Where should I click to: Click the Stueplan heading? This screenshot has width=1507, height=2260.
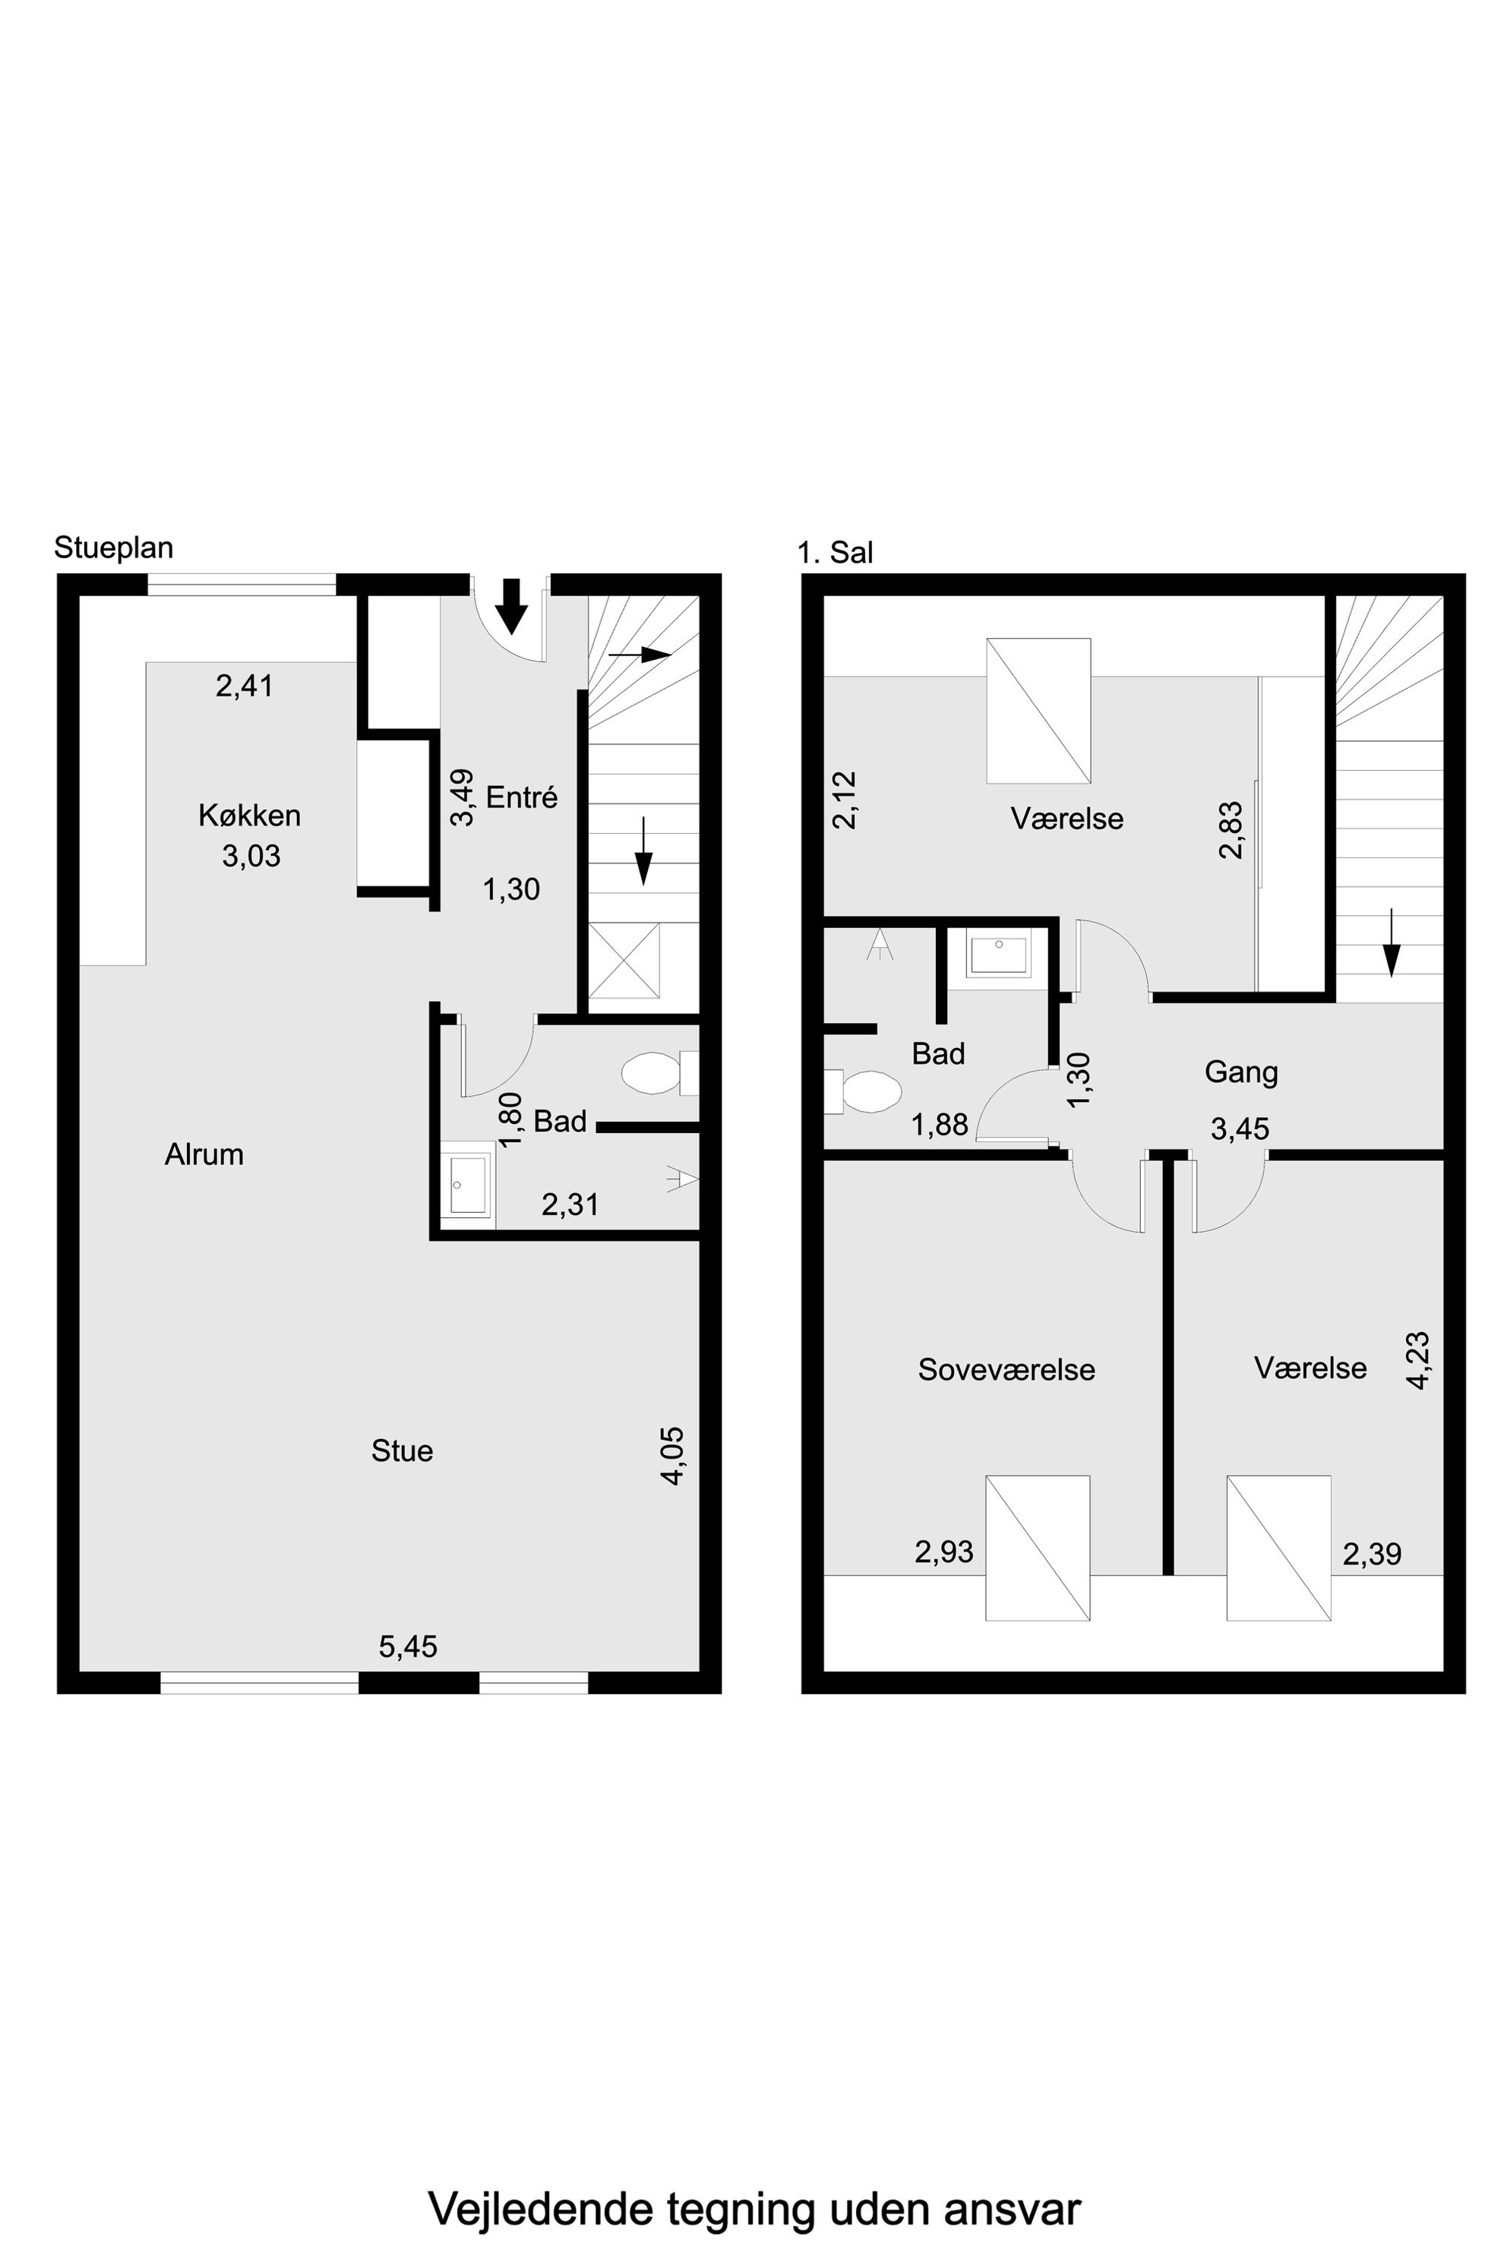(x=113, y=548)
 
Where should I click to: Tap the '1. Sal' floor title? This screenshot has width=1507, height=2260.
(x=836, y=553)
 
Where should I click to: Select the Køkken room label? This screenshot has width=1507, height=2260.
(x=250, y=815)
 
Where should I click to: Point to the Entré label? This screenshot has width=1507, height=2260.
(x=522, y=797)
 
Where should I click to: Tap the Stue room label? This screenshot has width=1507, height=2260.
(x=402, y=1450)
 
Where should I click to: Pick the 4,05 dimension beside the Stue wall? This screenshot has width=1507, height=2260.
(x=673, y=1457)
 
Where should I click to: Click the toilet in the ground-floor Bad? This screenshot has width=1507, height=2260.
(x=659, y=1072)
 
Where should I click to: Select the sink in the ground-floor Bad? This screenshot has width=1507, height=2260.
(x=468, y=1185)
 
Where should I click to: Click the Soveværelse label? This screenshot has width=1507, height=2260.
(x=1006, y=1369)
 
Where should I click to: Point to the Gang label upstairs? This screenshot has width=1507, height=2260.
(x=1241, y=1072)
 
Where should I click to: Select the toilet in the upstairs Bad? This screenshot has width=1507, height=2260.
(x=862, y=1091)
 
